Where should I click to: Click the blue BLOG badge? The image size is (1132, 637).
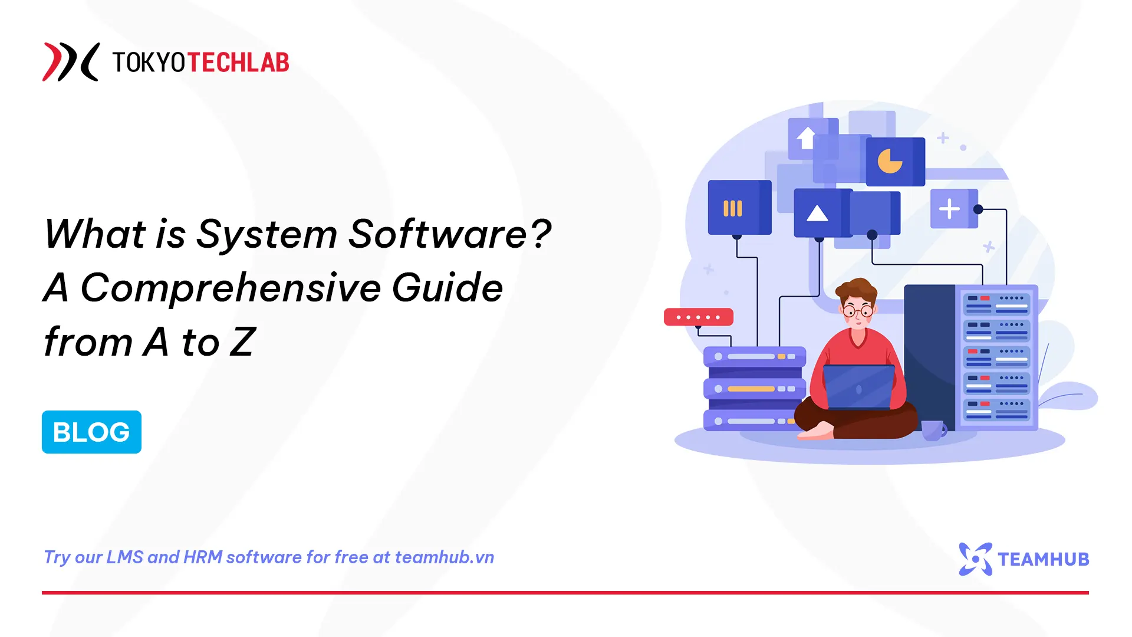point(91,432)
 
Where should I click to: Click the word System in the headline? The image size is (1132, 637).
point(266,234)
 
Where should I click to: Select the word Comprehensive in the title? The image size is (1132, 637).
point(231,288)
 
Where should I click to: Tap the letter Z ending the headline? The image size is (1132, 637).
point(242,342)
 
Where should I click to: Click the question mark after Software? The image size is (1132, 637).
point(539,233)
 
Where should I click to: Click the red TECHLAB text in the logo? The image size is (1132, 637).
point(238,63)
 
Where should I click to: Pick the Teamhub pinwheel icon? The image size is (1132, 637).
point(975,559)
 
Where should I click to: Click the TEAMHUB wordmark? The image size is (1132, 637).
point(1043,559)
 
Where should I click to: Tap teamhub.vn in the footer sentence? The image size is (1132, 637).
point(444,557)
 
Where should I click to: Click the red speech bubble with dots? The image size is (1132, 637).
point(698,317)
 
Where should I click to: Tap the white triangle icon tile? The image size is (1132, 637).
point(818,213)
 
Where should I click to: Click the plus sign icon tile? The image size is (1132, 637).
point(950,209)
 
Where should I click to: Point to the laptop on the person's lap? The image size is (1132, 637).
point(858,387)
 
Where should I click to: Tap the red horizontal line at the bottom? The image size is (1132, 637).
point(565,592)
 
